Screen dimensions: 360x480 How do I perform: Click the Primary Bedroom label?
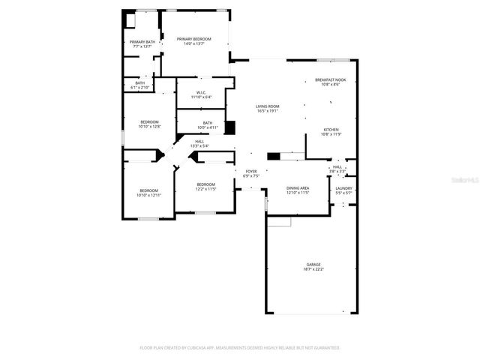[x=193, y=39]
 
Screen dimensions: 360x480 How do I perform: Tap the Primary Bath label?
[x=142, y=42]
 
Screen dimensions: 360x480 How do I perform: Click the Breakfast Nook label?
[x=330, y=80]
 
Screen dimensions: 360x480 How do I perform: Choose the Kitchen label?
[x=331, y=129]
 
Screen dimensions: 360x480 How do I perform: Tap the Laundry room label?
[x=343, y=188]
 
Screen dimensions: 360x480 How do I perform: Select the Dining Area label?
[x=298, y=188]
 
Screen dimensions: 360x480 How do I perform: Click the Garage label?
[x=313, y=264]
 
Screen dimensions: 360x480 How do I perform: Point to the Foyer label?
[x=251, y=172]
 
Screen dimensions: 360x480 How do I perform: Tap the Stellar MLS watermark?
[x=466, y=181]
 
